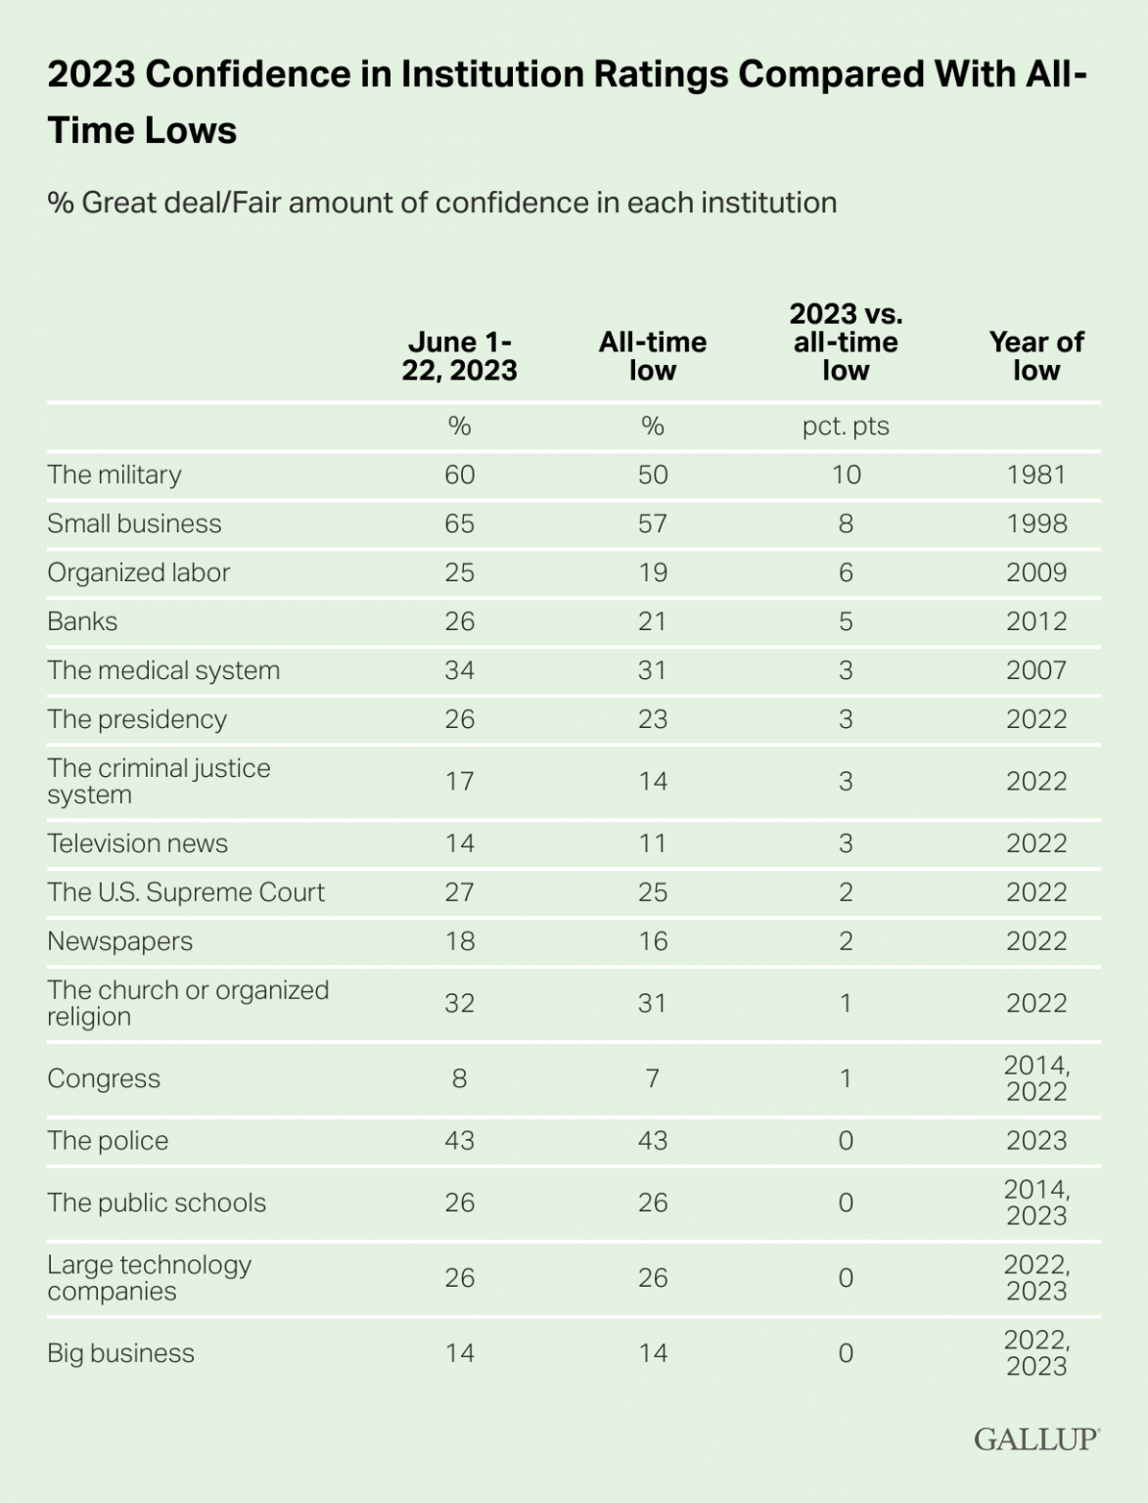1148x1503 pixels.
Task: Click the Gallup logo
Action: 1036,1438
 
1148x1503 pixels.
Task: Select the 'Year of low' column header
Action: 1036,356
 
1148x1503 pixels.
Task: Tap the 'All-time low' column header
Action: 653,356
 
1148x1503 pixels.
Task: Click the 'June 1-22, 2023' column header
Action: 459,356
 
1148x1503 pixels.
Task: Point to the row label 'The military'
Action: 115,475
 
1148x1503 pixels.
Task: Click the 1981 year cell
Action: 1036,475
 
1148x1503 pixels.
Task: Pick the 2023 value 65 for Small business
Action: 459,524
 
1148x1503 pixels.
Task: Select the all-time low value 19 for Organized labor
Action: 653,572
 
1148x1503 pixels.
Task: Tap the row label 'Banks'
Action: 82,621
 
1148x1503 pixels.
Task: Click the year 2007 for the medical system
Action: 1036,670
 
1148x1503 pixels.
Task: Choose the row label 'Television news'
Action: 137,843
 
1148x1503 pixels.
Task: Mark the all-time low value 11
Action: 653,843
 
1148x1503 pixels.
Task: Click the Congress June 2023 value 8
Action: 459,1078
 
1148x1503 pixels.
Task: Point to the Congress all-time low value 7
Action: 653,1078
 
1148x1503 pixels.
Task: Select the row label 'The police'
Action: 108,1141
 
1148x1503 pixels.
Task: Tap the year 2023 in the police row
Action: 1036,1141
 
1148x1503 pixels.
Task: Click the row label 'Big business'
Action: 120,1353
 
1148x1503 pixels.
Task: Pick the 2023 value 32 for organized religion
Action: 459,1003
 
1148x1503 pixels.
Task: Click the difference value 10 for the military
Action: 846,475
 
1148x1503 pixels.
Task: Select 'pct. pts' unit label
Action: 846,427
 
